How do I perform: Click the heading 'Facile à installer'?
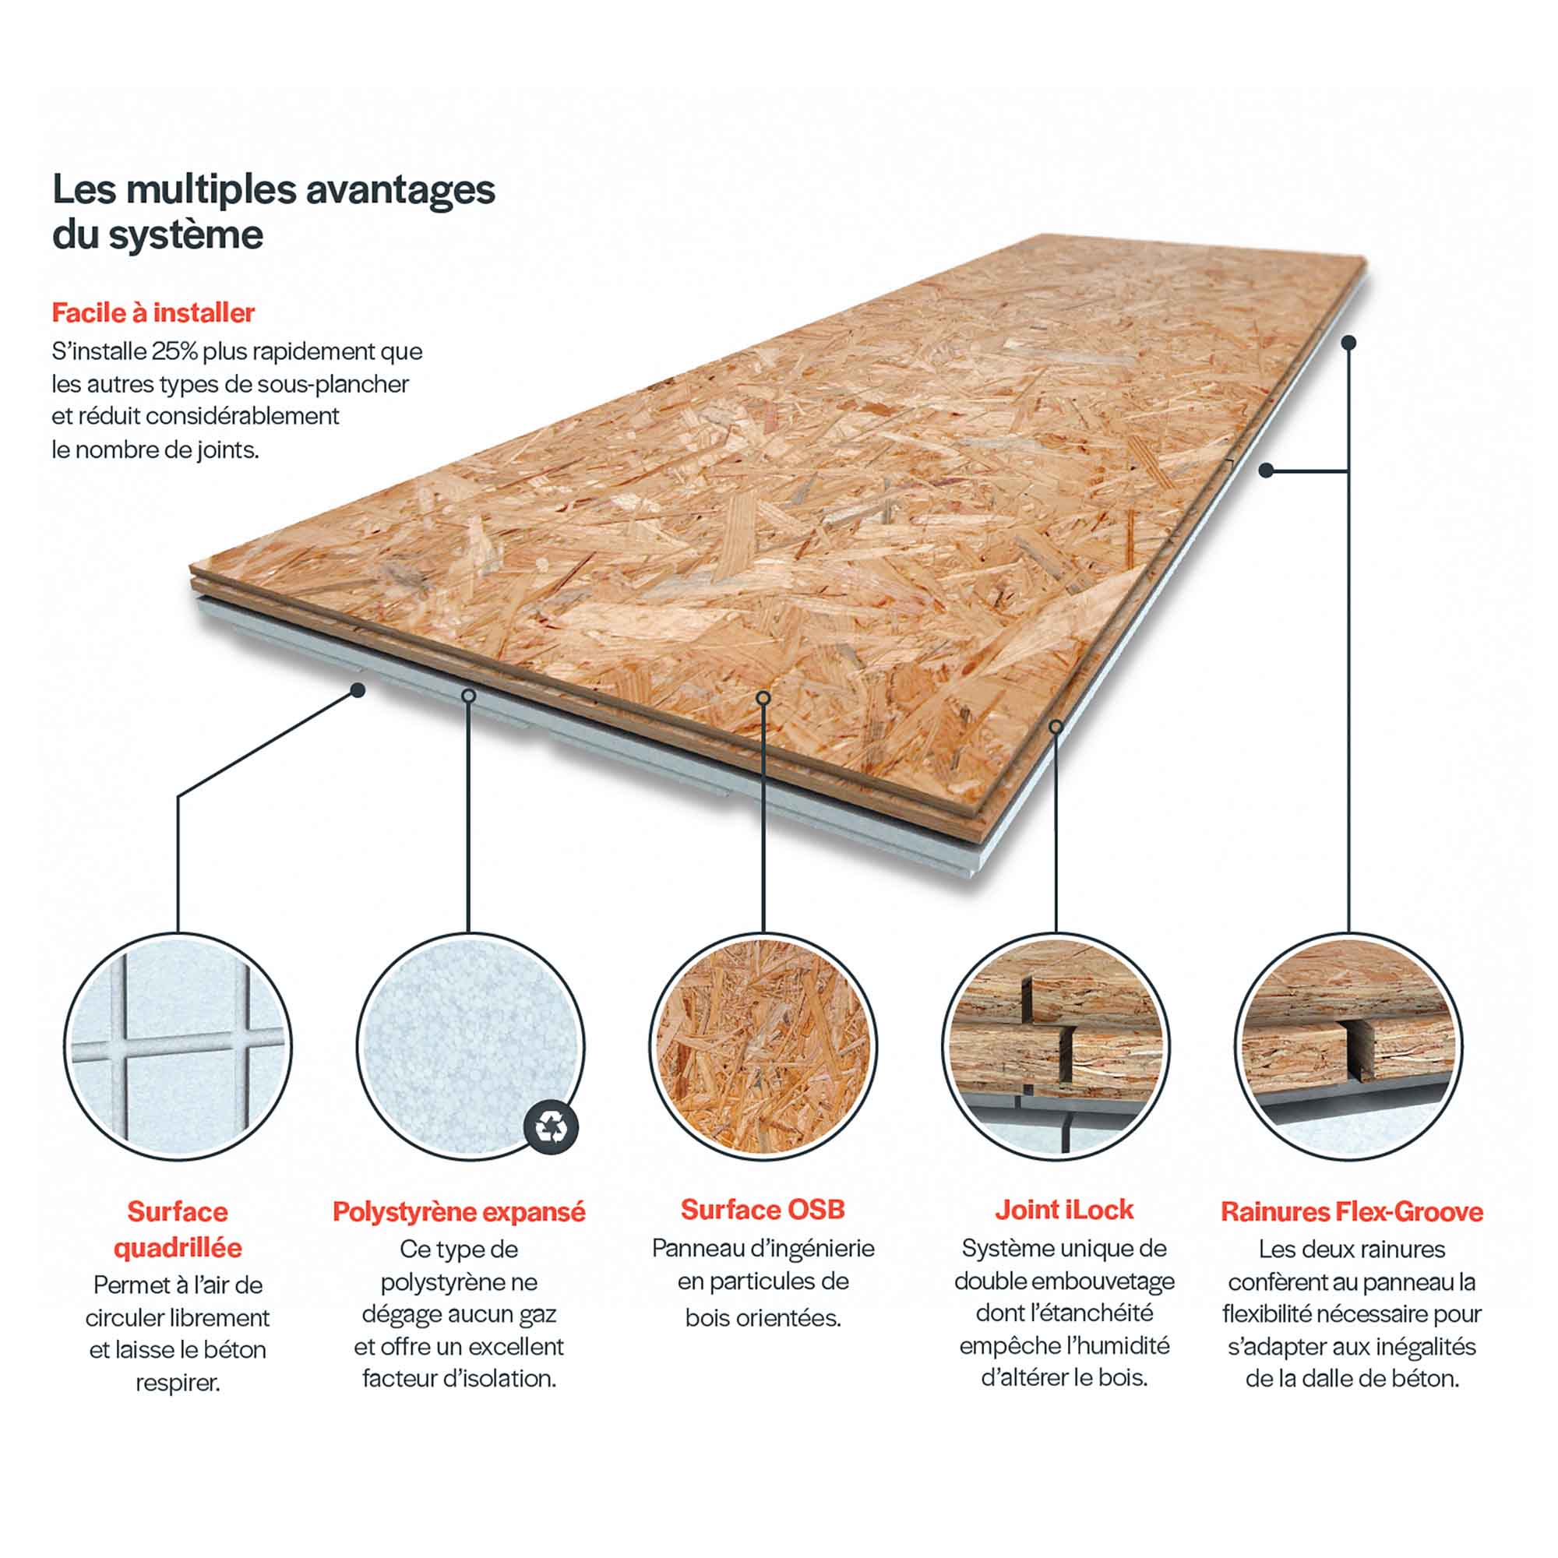153,312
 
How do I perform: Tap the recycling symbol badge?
552,1126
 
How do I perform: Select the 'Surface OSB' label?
763,1209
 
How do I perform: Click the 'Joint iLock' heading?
1063,1209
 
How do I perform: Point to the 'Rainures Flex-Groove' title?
1352,1211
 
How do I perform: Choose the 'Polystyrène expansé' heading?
459,1211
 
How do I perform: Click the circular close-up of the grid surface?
178,1047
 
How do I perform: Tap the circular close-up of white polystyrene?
471,1047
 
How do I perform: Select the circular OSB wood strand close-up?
763,1047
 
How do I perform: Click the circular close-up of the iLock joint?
1056,1047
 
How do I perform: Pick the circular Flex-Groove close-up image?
1348,1047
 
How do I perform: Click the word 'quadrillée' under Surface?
178,1247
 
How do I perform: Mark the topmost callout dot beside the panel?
1348,343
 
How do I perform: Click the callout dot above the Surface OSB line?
763,697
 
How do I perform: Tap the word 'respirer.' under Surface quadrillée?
178,1383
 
